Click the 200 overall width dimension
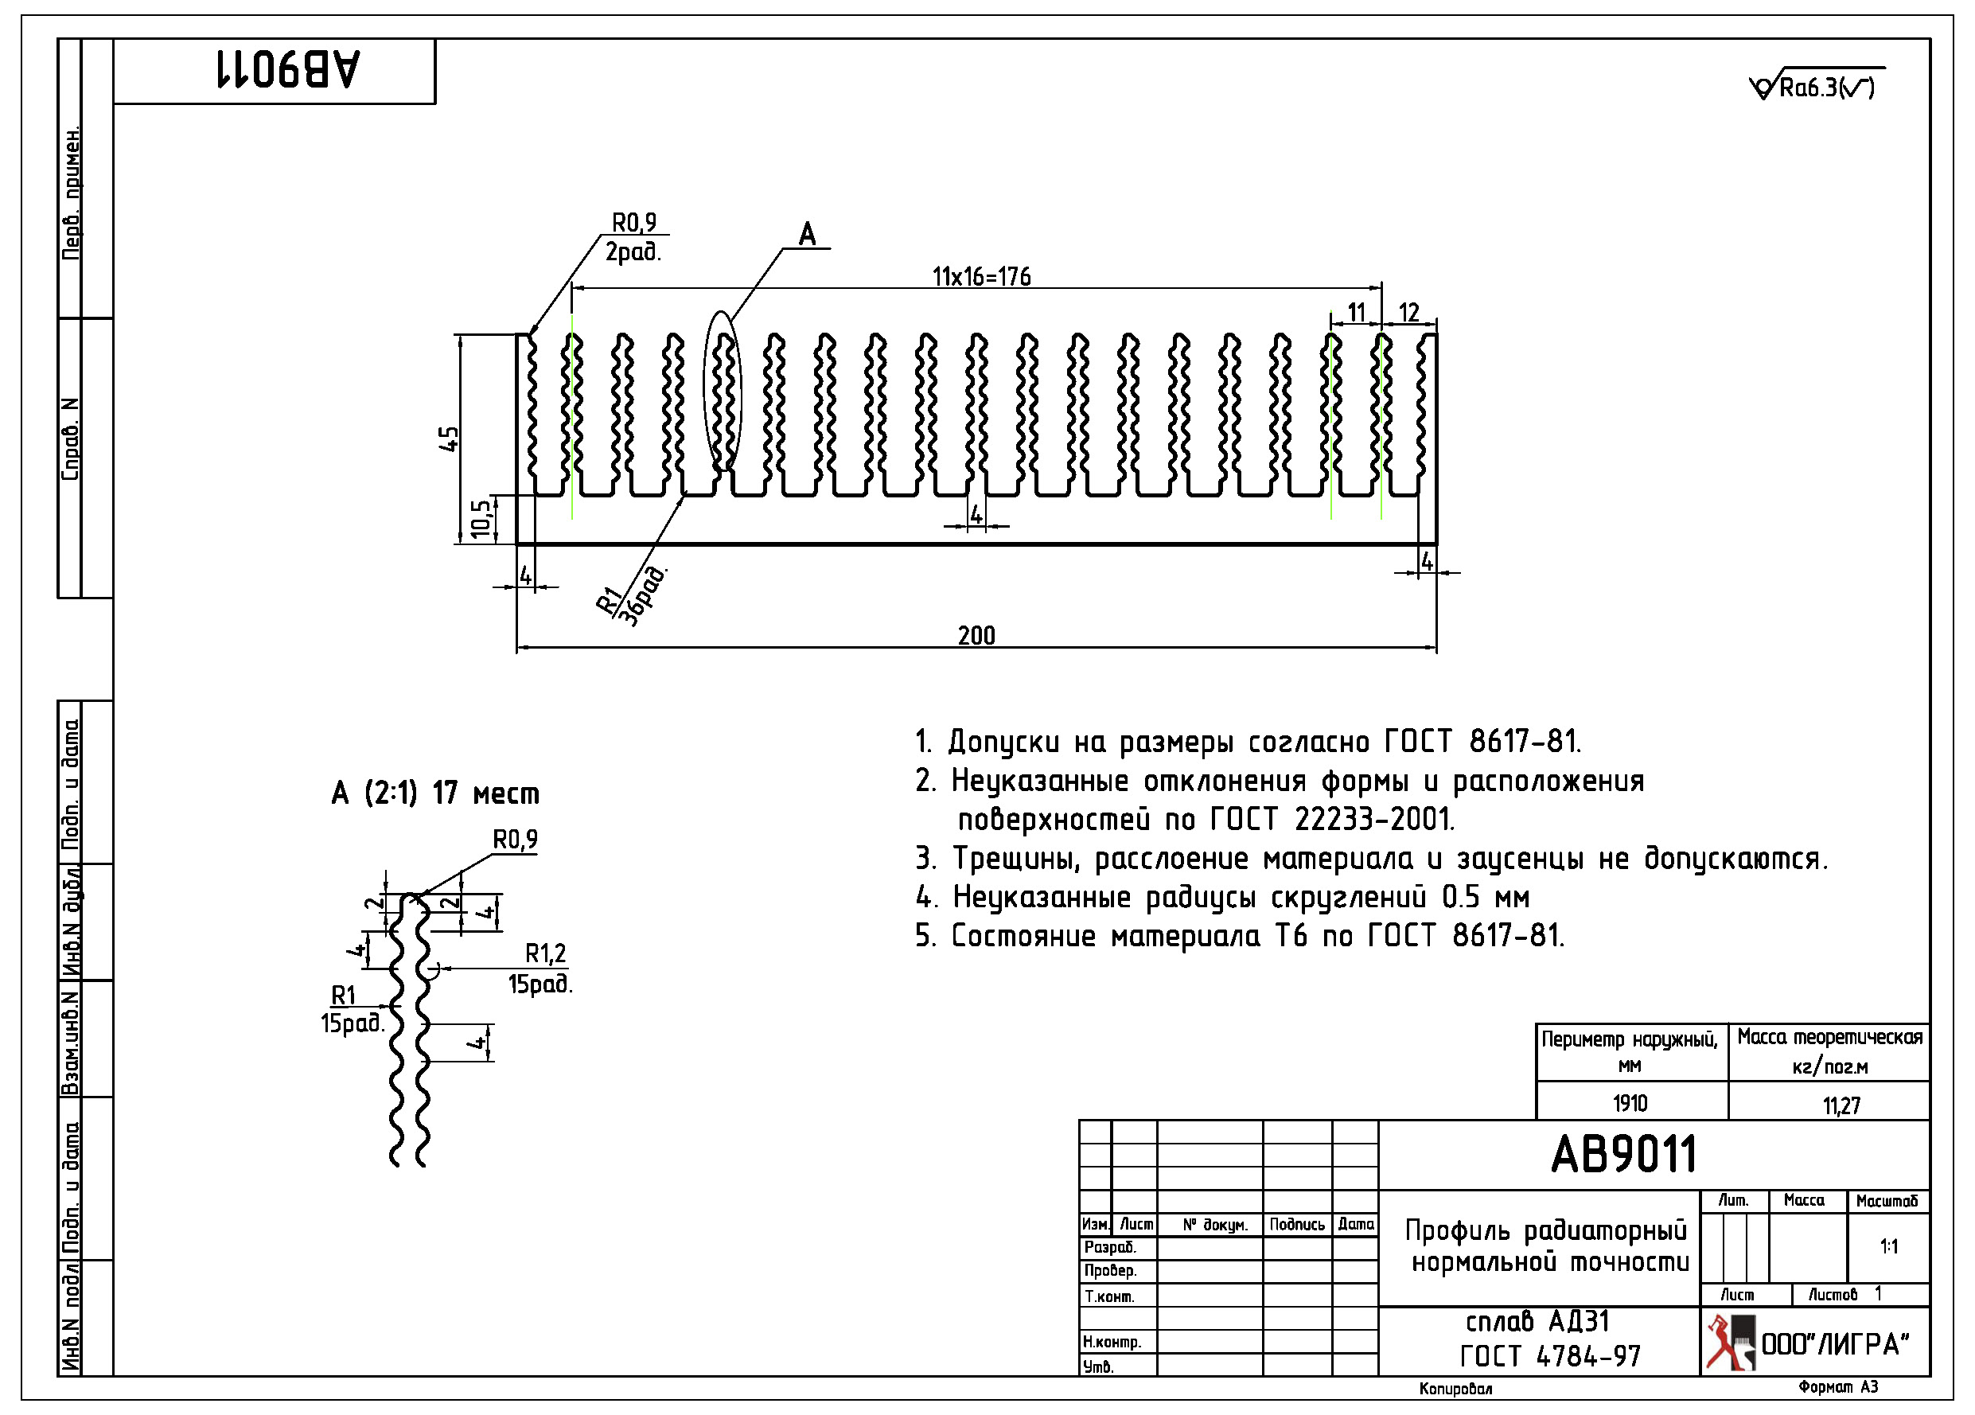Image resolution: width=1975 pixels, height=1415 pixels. (x=976, y=636)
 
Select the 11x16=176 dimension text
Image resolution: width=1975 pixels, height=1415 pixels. (x=981, y=277)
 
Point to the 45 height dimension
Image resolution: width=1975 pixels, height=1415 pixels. (x=449, y=438)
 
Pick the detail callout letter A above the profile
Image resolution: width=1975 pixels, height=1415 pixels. (x=807, y=234)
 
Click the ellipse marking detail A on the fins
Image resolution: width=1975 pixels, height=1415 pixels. (x=723, y=392)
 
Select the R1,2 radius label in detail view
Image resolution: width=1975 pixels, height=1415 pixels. (x=545, y=953)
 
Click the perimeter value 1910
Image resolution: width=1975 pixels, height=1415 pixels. (x=1630, y=1103)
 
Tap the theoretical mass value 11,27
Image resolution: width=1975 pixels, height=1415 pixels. (x=1841, y=1105)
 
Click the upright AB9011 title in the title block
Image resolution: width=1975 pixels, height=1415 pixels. (x=1624, y=1155)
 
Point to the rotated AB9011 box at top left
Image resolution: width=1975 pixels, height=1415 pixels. (x=286, y=70)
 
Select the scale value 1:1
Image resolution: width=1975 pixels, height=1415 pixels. (x=1889, y=1246)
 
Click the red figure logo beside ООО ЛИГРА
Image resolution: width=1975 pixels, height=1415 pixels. (x=1729, y=1342)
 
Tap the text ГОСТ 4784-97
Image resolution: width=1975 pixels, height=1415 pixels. (x=1549, y=1356)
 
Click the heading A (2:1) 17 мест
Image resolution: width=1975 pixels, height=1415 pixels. (x=435, y=793)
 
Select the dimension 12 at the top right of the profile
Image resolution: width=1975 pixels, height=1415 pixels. (x=1408, y=312)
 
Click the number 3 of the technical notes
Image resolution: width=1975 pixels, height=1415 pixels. (x=925, y=859)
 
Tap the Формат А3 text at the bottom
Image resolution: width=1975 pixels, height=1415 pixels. (x=1838, y=1387)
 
